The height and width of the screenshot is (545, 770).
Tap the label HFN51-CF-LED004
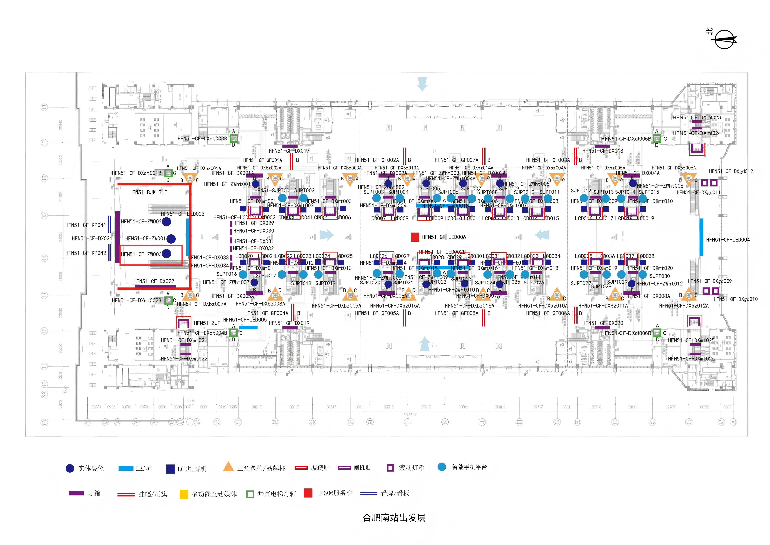click(x=728, y=240)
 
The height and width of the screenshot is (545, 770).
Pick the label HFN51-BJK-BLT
click(x=148, y=192)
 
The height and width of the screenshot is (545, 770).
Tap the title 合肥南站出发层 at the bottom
click(x=394, y=518)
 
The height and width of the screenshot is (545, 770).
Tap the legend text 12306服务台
click(x=335, y=493)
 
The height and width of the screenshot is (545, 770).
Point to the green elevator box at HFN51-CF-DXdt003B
click(x=234, y=139)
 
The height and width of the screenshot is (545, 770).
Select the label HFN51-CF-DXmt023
click(x=697, y=117)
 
